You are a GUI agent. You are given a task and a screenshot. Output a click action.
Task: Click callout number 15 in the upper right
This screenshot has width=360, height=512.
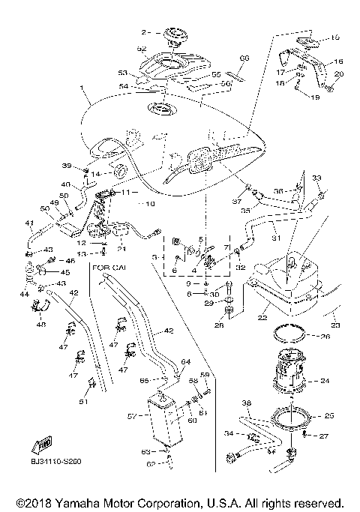coord(335,36)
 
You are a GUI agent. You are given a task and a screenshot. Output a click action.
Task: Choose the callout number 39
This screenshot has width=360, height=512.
coord(88,166)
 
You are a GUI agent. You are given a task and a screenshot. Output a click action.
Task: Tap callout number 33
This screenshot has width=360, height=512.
coord(316,178)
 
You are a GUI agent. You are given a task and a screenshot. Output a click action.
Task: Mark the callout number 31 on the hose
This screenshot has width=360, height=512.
coord(275,240)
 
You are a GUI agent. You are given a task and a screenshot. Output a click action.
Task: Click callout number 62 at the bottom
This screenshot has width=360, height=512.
coord(150,465)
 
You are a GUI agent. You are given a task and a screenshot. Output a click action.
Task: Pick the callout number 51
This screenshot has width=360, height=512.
coord(83,402)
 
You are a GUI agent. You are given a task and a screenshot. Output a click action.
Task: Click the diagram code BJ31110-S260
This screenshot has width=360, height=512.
coord(56,463)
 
